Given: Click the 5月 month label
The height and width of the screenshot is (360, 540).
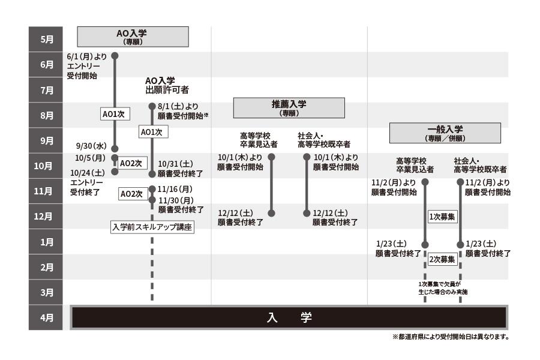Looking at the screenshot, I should (x=46, y=40).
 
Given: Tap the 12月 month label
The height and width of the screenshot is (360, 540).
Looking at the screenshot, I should (x=46, y=217).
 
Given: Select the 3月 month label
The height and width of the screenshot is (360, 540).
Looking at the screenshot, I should (x=46, y=293).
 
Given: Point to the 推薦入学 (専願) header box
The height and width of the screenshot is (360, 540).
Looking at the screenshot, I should (x=289, y=107).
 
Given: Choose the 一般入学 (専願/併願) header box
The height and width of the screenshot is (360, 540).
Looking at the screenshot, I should (x=446, y=133).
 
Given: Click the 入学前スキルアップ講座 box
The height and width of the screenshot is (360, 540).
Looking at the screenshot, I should (x=152, y=227).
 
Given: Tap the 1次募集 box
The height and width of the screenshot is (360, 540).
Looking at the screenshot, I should (x=442, y=217).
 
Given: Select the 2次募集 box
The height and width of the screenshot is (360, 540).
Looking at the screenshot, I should (x=442, y=259).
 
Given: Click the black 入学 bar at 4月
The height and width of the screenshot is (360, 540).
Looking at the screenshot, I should (x=289, y=317).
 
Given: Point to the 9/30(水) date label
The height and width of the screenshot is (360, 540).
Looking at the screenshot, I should (x=91, y=146).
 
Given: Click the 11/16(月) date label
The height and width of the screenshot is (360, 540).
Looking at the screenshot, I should (x=175, y=189).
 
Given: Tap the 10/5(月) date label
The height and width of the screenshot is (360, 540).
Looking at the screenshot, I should (x=91, y=158).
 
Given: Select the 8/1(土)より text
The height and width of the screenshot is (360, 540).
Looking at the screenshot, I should (x=178, y=106).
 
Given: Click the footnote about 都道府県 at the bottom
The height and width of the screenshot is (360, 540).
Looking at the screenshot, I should (x=450, y=337).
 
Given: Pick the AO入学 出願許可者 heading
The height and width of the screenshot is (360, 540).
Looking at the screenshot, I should (x=167, y=85).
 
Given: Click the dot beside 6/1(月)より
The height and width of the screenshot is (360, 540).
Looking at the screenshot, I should (x=115, y=56).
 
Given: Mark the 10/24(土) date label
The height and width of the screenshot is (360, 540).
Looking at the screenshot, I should (x=87, y=172).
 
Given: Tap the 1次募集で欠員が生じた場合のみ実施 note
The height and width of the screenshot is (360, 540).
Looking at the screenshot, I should (x=443, y=288).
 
